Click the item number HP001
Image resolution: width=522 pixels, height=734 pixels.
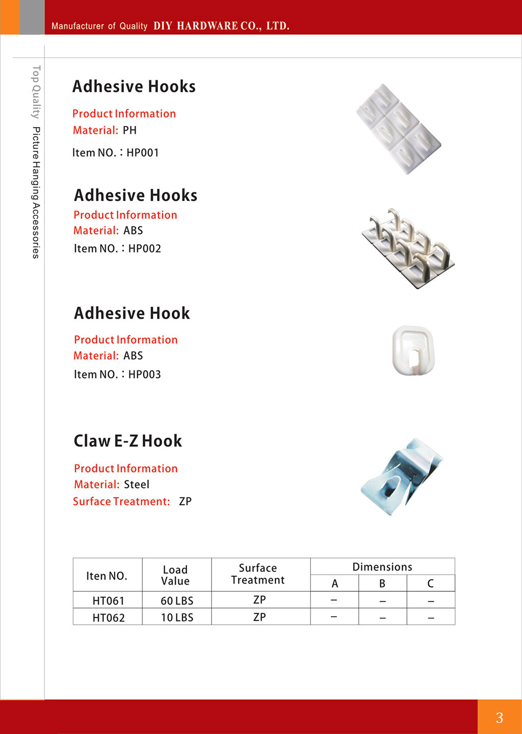tap(143, 153)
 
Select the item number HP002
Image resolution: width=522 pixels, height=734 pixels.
tap(145, 248)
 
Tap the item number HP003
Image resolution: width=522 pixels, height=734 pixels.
tap(145, 374)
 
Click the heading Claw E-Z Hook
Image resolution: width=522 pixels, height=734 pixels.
tap(128, 441)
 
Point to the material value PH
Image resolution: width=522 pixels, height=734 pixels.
tap(129, 131)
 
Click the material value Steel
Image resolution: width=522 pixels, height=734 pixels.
tap(137, 485)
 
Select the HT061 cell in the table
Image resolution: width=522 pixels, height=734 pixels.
tap(108, 600)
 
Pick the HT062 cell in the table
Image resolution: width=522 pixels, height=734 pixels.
tap(108, 618)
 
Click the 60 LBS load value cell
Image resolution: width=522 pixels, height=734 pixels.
tap(177, 600)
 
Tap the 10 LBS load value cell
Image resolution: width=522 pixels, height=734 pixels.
tap(177, 618)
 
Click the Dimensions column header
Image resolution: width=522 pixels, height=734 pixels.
tap(382, 567)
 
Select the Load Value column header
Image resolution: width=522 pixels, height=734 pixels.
tap(175, 575)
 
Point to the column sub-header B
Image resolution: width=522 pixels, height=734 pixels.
tap(382, 584)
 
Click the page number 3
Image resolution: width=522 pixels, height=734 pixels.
tap(500, 718)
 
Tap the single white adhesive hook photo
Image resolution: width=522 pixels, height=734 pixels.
tap(413, 350)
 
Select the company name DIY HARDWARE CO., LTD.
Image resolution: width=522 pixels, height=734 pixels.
tap(221, 26)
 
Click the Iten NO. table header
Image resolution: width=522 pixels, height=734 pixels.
tap(107, 576)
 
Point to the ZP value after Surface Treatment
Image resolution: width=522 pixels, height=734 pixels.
tap(185, 501)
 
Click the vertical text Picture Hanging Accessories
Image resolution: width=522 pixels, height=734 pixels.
tap(36, 192)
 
